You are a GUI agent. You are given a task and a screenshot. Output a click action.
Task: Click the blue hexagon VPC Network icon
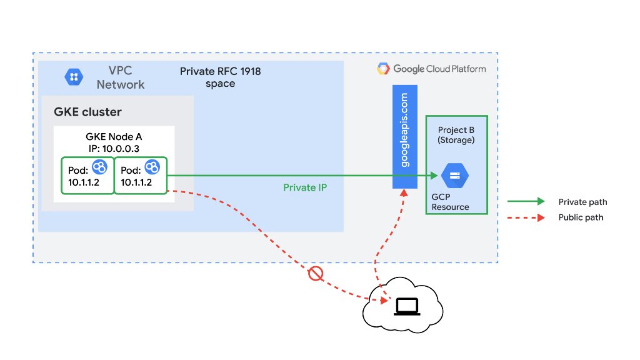coord(73,77)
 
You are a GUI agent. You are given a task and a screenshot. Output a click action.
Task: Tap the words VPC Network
coord(121,77)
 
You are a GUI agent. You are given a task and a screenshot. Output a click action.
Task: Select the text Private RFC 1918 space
coord(220,77)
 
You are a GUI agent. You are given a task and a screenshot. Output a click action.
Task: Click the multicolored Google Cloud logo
coord(384,69)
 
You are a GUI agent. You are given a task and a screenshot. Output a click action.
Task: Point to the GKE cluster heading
coord(87,112)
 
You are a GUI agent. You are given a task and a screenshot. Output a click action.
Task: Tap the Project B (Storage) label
coord(456,135)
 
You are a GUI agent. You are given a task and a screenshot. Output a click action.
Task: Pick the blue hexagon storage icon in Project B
coord(456,176)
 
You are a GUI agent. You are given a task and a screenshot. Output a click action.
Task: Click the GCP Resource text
coord(450,201)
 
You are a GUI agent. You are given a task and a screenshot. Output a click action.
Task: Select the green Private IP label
coord(305,187)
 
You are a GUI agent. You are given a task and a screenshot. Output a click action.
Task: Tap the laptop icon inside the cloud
coord(407,306)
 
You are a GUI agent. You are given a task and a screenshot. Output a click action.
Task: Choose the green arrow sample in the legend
coord(527,202)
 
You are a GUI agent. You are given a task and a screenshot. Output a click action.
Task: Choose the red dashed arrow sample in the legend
coord(527,218)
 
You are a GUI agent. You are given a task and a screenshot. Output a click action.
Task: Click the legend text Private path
coord(582,202)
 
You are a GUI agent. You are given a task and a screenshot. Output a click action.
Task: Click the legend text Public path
coord(581,218)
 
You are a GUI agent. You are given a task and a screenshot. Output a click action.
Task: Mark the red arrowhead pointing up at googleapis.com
coord(404,194)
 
